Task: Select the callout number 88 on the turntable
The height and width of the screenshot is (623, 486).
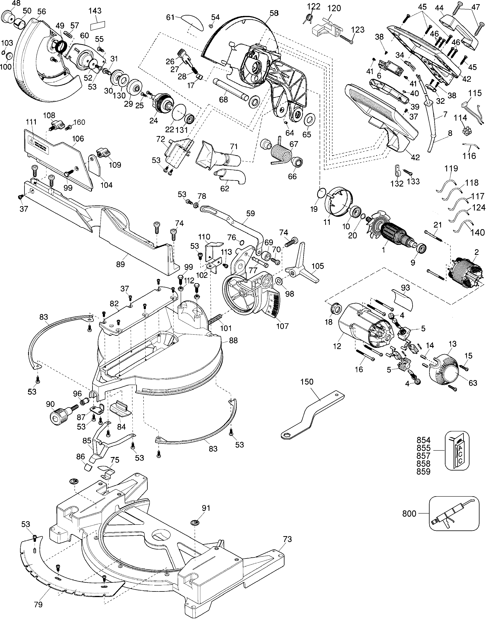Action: [x=233, y=340]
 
